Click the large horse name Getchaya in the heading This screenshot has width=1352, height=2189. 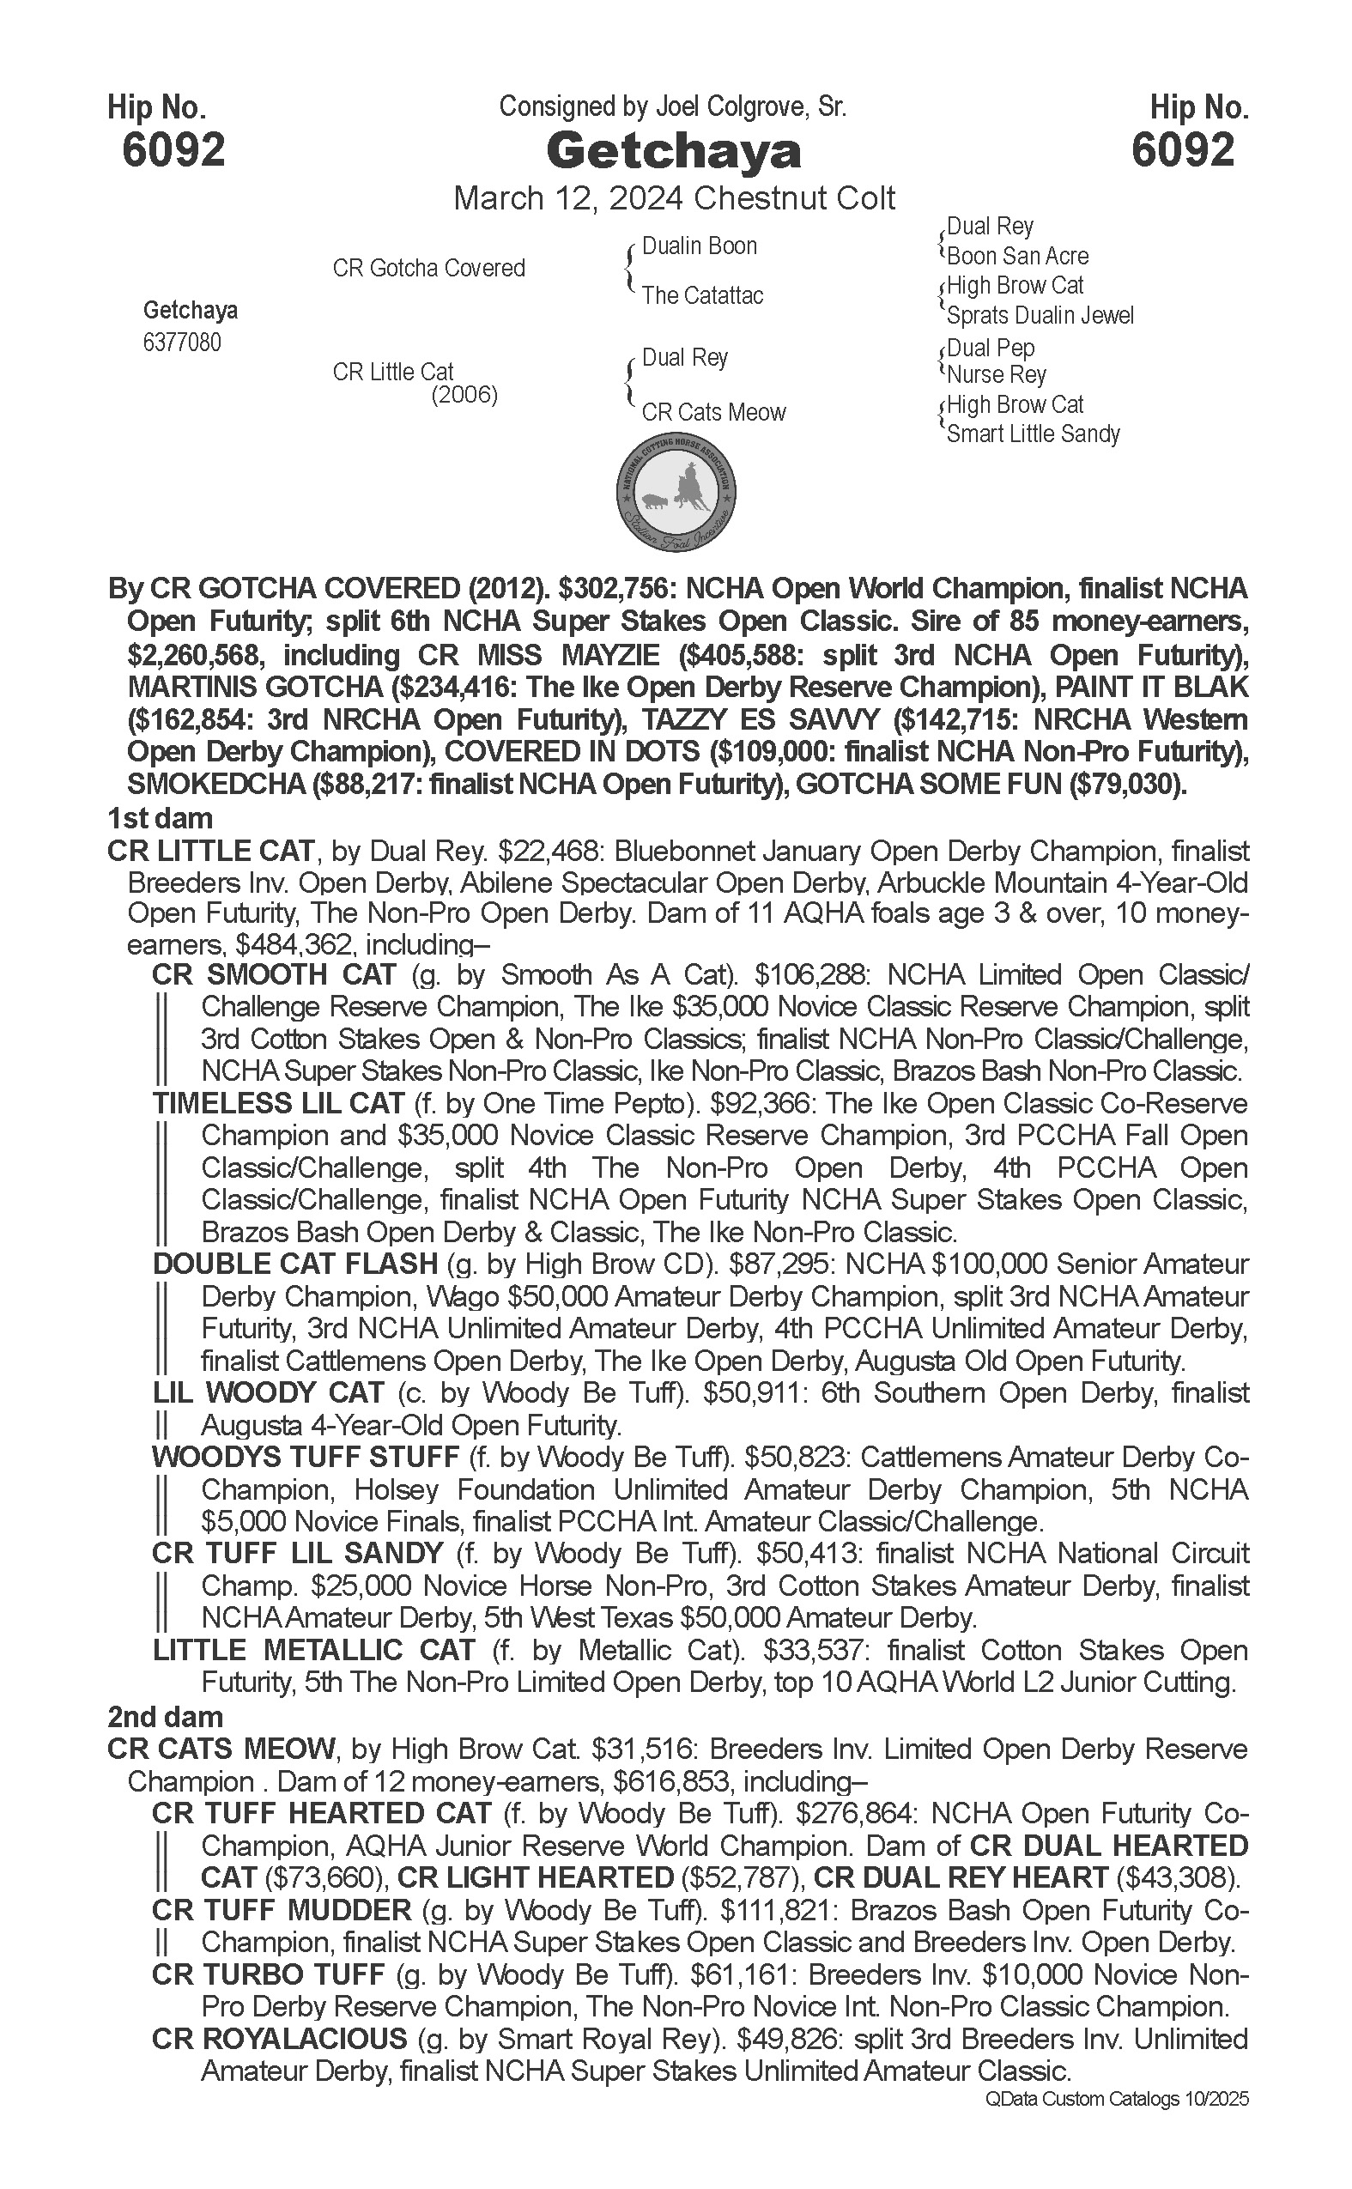click(673, 152)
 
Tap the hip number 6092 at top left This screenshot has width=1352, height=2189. click(173, 150)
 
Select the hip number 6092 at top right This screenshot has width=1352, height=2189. click(1182, 150)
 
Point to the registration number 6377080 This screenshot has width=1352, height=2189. click(181, 343)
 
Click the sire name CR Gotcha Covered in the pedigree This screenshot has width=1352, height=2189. click(428, 268)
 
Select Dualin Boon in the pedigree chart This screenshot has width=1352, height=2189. click(700, 246)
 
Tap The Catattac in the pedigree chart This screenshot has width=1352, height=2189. click(702, 295)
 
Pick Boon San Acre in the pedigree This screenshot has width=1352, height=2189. click(1016, 257)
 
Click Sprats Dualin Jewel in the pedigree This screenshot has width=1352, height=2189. click(1039, 316)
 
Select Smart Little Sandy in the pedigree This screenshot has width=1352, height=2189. click(1033, 434)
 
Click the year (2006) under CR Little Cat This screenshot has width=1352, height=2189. click(464, 394)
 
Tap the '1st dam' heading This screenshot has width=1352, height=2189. click(160, 818)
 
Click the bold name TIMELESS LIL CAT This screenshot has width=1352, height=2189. click(278, 1103)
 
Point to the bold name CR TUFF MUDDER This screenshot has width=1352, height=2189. click(281, 1910)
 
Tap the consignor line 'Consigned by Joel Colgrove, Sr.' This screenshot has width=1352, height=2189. click(672, 107)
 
